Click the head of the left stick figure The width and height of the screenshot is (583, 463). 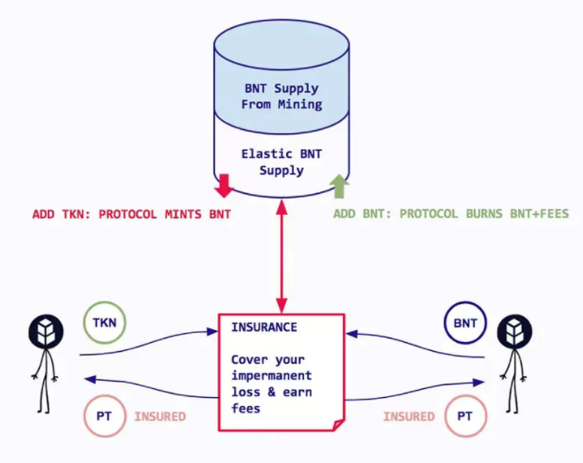pyautogui.click(x=44, y=332)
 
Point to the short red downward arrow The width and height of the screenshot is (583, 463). pyautogui.click(x=224, y=185)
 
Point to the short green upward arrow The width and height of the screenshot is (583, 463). pyautogui.click(x=339, y=185)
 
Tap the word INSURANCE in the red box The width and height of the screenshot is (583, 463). pyautogui.click(x=264, y=327)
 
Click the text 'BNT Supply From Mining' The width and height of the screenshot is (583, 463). pyautogui.click(x=282, y=97)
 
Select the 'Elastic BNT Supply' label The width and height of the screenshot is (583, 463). pyautogui.click(x=282, y=162)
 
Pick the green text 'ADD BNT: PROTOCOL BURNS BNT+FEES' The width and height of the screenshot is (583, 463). pyautogui.click(x=451, y=214)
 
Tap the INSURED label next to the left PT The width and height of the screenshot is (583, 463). pyautogui.click(x=161, y=417)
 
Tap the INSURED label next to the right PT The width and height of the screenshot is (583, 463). pyautogui.click(x=409, y=417)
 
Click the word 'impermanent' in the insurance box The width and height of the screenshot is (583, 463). pyautogui.click(x=272, y=375)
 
